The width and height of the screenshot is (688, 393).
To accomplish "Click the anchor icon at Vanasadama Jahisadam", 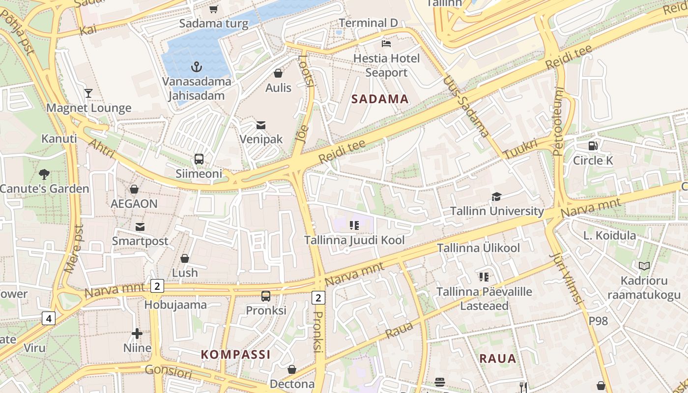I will (x=197, y=66).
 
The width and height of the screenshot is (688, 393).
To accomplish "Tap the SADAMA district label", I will (x=380, y=99).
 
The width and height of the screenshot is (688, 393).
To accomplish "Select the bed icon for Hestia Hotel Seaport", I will (x=386, y=44).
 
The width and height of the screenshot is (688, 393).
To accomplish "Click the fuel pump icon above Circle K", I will (x=593, y=146).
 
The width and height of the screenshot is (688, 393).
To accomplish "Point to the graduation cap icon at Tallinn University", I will (x=496, y=197).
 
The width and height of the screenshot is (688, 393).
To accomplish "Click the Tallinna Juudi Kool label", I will (x=354, y=240).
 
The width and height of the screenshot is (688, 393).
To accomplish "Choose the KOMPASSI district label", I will (x=236, y=354).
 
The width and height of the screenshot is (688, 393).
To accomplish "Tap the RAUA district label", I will (x=498, y=358).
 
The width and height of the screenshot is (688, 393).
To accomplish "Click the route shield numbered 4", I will (x=48, y=319).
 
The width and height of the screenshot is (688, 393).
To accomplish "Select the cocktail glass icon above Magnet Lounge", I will (x=88, y=93).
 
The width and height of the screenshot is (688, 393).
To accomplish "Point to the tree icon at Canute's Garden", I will (x=44, y=174).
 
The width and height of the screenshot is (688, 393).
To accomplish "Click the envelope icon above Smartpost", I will (x=140, y=226).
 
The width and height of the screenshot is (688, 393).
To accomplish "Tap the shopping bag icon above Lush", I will (x=185, y=258).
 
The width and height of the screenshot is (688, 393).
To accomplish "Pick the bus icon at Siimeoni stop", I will (x=199, y=159).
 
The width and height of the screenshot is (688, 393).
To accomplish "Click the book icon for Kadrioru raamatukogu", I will (x=644, y=266).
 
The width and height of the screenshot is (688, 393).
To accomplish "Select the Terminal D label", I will (x=368, y=23).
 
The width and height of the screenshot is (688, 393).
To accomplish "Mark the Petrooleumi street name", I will (x=559, y=121).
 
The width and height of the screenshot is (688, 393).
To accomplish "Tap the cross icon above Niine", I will (x=137, y=334).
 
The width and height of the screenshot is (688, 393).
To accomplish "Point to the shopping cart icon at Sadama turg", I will (x=213, y=9).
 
